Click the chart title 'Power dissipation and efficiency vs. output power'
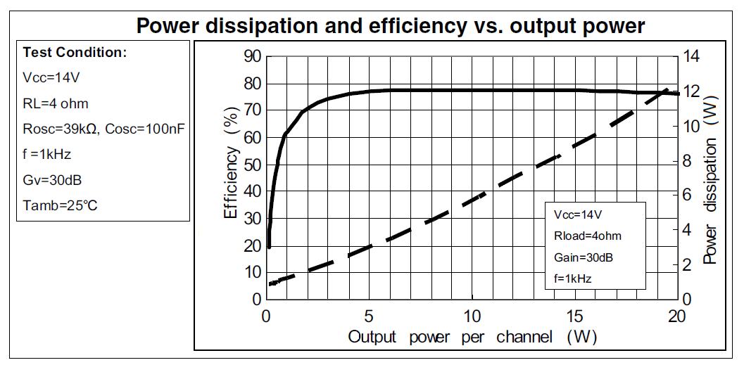tap(390, 26)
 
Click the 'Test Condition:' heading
tap(75, 52)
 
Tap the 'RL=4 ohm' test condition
tap(56, 103)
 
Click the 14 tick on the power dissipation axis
tap(693, 56)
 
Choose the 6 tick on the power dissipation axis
tap(688, 195)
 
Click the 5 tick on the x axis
tap(368, 316)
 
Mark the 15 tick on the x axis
tap(574, 316)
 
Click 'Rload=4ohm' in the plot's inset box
tap(588, 236)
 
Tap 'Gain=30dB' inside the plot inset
tap(584, 257)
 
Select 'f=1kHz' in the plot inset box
tap(572, 278)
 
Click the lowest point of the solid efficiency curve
tap(269, 247)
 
